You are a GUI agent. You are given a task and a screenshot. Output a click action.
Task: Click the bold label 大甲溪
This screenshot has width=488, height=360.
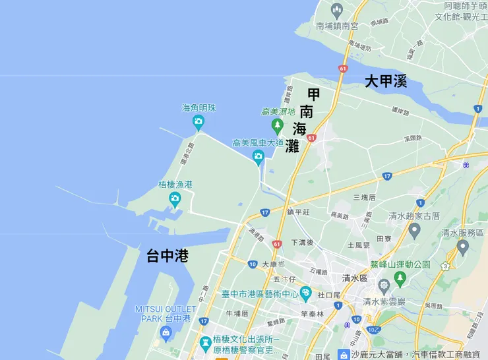click(x=386, y=82)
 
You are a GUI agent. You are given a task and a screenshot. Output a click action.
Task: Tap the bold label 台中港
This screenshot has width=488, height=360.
click(x=168, y=256)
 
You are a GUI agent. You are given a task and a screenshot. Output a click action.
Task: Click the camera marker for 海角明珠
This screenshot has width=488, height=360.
click(x=198, y=121)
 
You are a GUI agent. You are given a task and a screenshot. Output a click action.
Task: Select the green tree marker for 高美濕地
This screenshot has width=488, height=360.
click(x=278, y=125)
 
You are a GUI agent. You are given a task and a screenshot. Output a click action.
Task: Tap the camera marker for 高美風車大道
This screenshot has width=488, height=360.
click(x=258, y=156)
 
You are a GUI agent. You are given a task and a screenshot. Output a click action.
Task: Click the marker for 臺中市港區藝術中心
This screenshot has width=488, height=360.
click(x=305, y=292)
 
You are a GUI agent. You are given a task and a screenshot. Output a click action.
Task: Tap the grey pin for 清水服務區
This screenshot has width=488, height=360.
click(x=463, y=247)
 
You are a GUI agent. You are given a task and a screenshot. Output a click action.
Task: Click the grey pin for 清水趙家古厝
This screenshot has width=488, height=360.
click(x=414, y=229)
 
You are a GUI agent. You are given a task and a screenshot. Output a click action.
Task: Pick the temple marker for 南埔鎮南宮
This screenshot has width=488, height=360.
click(x=337, y=9)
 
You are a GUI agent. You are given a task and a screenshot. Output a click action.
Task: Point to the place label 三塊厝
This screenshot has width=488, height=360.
click(x=364, y=197)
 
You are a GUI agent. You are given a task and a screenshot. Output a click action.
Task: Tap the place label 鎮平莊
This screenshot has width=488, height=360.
click(x=298, y=212)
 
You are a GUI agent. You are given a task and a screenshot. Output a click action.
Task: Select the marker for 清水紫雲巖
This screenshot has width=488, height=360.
click(x=383, y=286)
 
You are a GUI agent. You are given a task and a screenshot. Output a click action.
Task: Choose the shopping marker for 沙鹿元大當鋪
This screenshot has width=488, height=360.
click(x=344, y=355)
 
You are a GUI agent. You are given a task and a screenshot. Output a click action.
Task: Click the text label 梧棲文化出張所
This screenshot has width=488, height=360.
click(x=246, y=339)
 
